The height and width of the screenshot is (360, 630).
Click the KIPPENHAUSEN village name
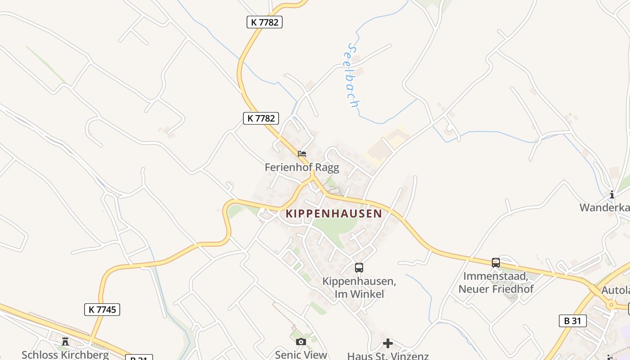334,213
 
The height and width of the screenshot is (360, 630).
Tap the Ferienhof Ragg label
301,167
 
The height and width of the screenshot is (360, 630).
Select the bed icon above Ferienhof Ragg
302,153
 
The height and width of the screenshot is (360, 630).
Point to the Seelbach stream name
353,76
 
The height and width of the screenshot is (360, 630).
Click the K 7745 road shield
102,309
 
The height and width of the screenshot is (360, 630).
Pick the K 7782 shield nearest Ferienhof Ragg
261,118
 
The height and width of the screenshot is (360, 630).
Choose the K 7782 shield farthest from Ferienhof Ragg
265,22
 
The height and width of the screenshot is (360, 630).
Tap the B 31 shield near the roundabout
572,321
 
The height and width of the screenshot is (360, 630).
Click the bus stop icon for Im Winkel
359,267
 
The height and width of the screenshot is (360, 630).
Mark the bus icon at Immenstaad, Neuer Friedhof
495,262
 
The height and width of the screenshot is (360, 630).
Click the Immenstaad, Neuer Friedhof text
496,283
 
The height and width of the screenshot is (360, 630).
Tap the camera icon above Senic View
301,342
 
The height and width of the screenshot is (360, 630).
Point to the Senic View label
301,355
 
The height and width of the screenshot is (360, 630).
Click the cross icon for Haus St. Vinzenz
387,343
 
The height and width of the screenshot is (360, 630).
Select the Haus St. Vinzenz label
387,356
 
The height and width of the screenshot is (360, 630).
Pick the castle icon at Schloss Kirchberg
65,342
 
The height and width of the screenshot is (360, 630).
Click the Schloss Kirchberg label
65,355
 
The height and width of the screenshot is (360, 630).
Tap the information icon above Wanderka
612,194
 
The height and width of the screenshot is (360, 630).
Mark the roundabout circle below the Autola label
611,305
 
